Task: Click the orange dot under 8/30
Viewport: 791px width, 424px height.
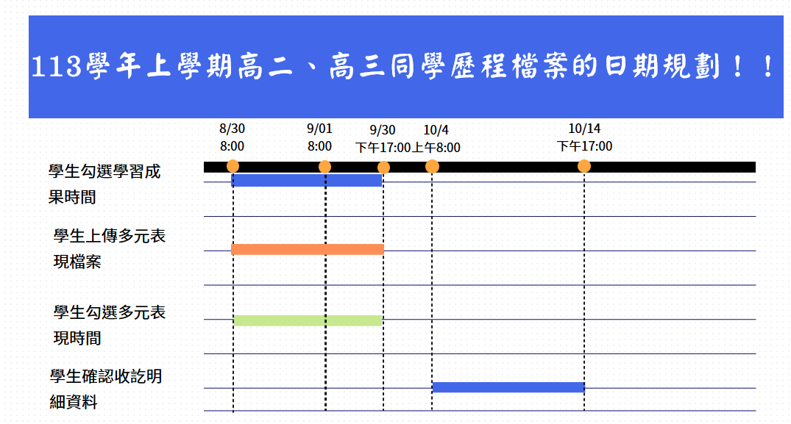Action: [x=233, y=166]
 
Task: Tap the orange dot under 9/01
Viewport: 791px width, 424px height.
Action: [x=325, y=167]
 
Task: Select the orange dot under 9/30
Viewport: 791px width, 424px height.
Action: [x=383, y=168]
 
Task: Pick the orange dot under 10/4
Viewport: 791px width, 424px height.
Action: [x=432, y=166]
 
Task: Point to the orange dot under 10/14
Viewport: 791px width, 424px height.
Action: [x=584, y=166]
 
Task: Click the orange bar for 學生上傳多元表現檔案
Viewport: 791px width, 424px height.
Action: [x=308, y=249]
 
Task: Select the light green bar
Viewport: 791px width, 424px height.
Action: [x=308, y=320]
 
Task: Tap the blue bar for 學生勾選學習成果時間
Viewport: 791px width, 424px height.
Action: [x=306, y=180]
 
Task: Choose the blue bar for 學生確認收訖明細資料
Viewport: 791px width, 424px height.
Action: [x=508, y=387]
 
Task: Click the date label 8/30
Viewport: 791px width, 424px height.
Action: [x=232, y=129]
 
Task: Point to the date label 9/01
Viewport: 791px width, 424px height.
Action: [x=320, y=129]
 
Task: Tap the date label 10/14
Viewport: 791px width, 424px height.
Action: [x=584, y=129]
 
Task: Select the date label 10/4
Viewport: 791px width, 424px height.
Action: [x=436, y=130]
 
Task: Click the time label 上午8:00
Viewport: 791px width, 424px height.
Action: [x=436, y=148]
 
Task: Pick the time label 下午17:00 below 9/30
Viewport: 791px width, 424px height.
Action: [x=383, y=148]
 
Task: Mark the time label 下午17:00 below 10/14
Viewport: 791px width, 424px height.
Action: [x=584, y=146]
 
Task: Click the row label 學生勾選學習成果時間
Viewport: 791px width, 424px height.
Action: [x=104, y=184]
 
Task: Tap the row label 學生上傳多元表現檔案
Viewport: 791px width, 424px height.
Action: [x=110, y=249]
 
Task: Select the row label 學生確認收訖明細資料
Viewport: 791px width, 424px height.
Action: [x=106, y=389]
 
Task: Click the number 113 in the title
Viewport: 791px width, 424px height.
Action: [x=57, y=66]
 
